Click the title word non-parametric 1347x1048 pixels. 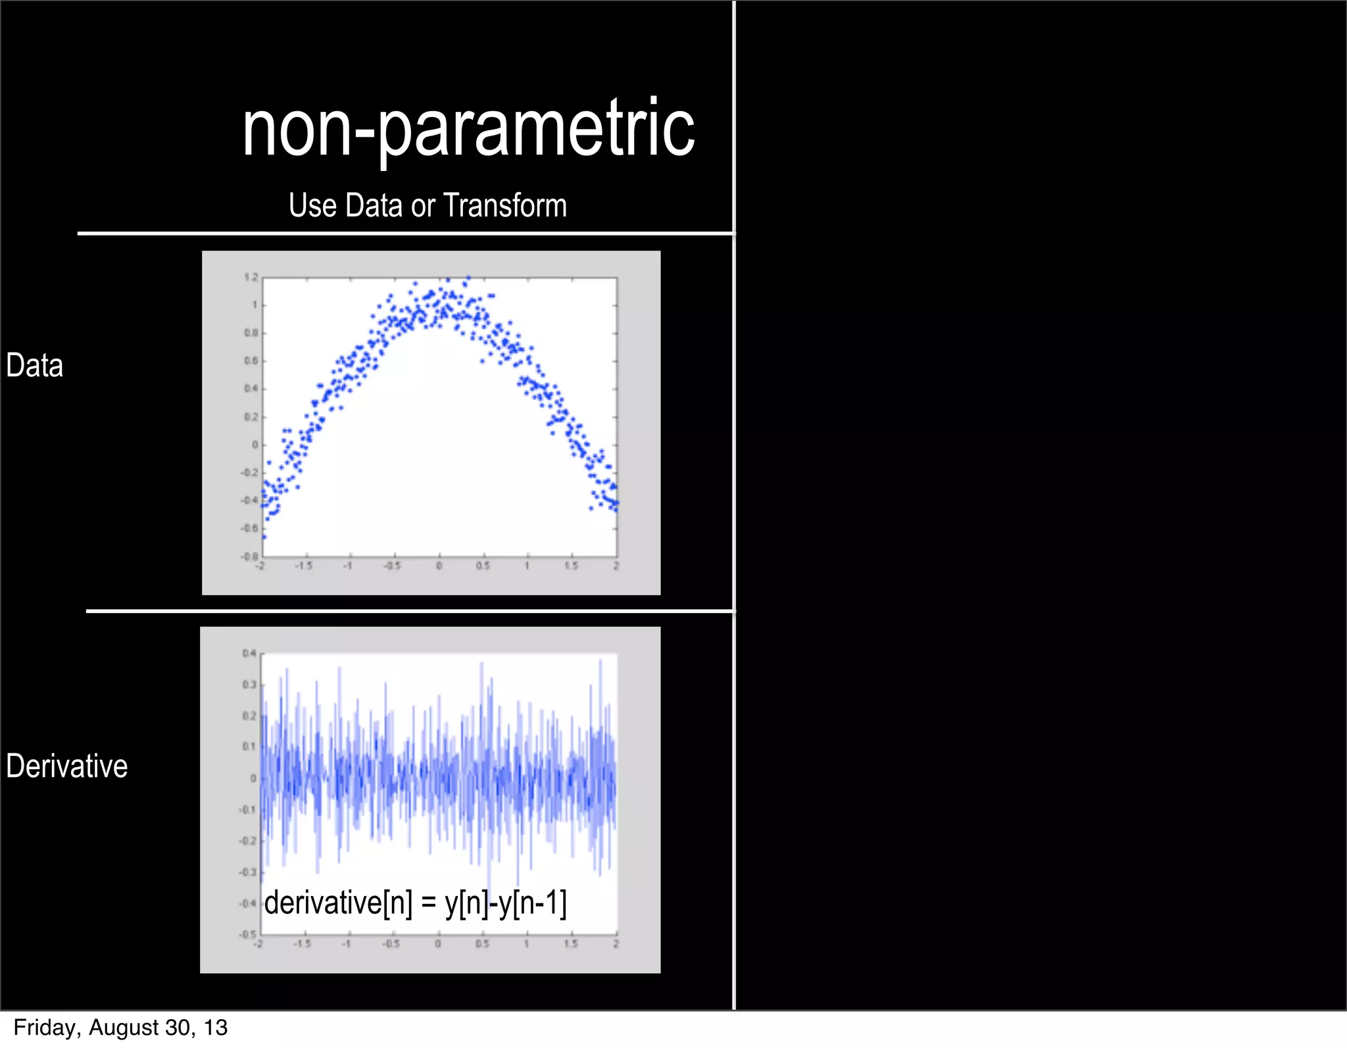[x=468, y=128]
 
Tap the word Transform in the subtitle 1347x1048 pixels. [x=505, y=205]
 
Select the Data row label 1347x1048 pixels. [x=34, y=366]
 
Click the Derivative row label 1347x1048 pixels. [x=66, y=766]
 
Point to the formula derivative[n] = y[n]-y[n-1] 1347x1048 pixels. [x=415, y=903]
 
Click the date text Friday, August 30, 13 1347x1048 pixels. [x=120, y=1028]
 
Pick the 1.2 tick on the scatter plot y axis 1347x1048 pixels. [x=251, y=278]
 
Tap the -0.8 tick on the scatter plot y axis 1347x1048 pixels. [x=250, y=556]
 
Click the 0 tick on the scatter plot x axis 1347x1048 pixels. [x=439, y=566]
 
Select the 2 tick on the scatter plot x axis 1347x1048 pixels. [x=616, y=566]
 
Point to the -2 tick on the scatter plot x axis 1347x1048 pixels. [x=260, y=566]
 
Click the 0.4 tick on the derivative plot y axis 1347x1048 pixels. [x=249, y=653]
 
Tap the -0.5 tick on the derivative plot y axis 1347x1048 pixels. [x=248, y=934]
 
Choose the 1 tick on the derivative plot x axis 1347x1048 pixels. [x=527, y=944]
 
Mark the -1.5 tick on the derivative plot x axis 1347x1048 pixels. [x=302, y=944]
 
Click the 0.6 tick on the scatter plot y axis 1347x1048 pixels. [x=251, y=361]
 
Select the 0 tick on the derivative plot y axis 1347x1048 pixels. [x=253, y=778]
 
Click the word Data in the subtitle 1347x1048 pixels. [x=374, y=205]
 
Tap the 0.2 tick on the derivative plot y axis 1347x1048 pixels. [x=249, y=716]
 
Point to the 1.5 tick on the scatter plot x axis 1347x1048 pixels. [x=572, y=566]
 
